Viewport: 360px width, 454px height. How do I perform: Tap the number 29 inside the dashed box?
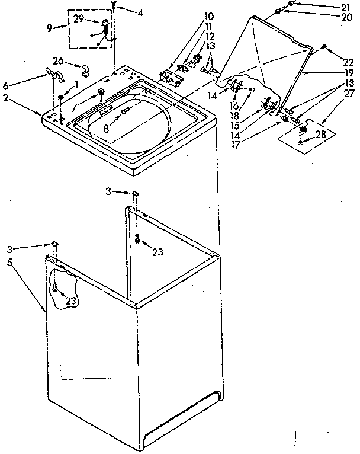[78, 20]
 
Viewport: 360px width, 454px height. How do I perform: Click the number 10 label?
[193, 16]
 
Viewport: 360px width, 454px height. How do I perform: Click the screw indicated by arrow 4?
[112, 5]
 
